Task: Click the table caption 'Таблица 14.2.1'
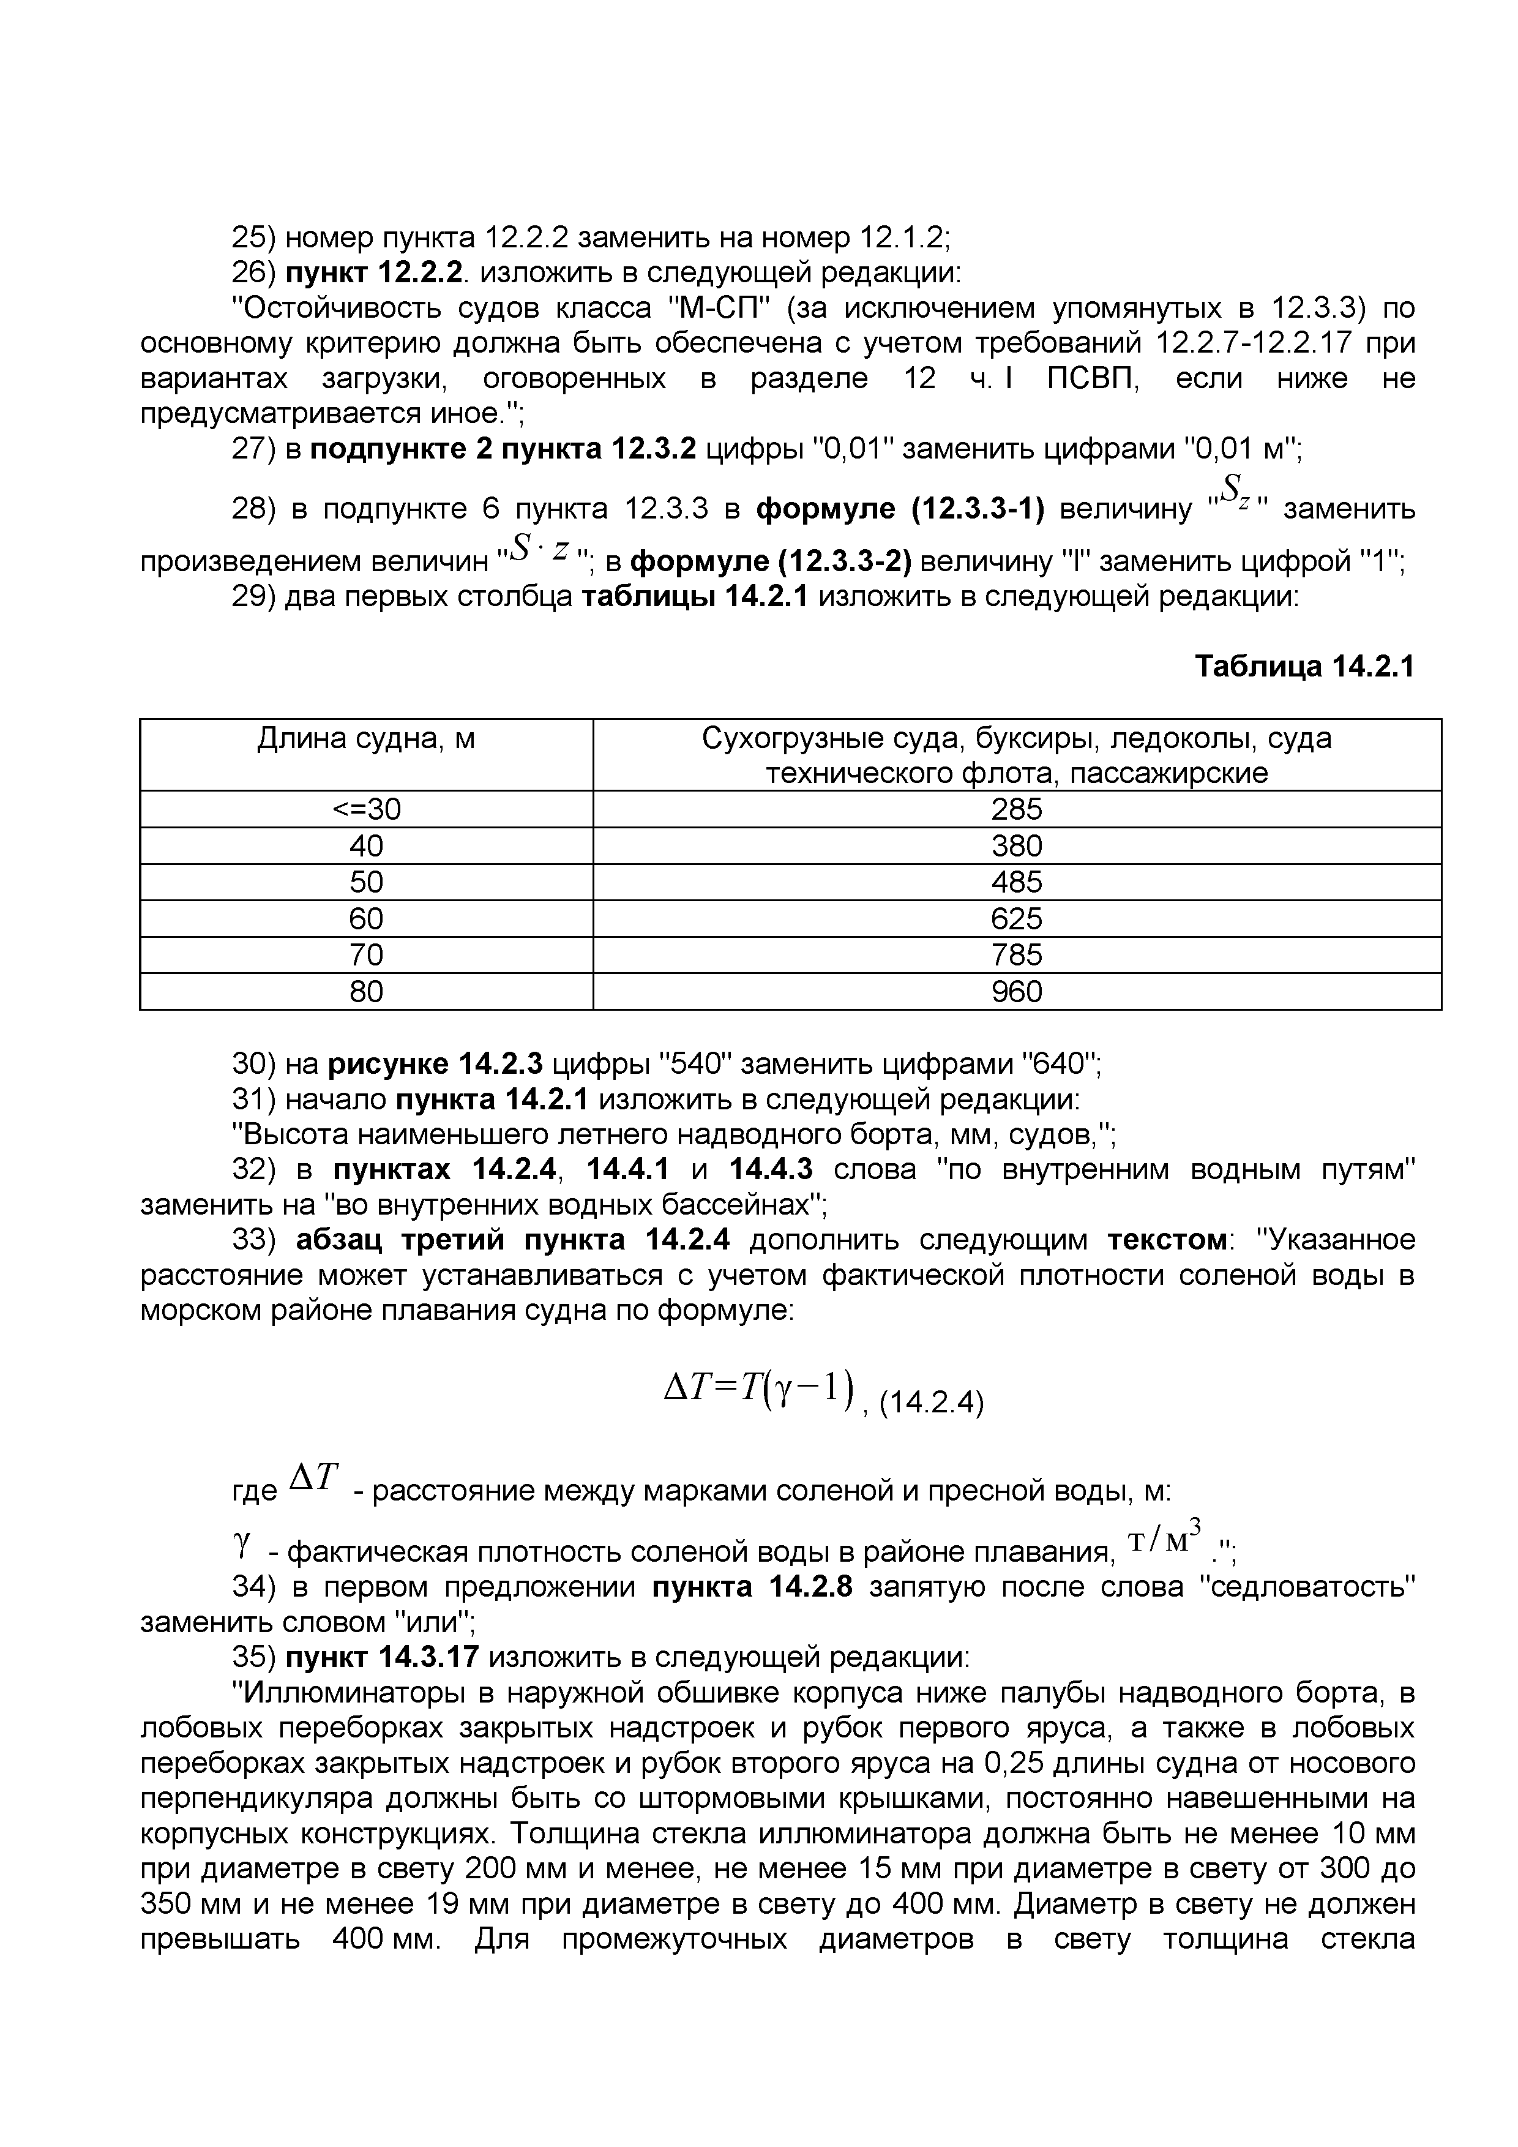(x=1305, y=667)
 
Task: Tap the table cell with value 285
(x=1016, y=809)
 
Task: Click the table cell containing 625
(x=1016, y=918)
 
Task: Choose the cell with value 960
(x=1016, y=991)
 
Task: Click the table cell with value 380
(x=1016, y=845)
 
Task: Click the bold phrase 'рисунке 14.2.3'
(x=435, y=1064)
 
